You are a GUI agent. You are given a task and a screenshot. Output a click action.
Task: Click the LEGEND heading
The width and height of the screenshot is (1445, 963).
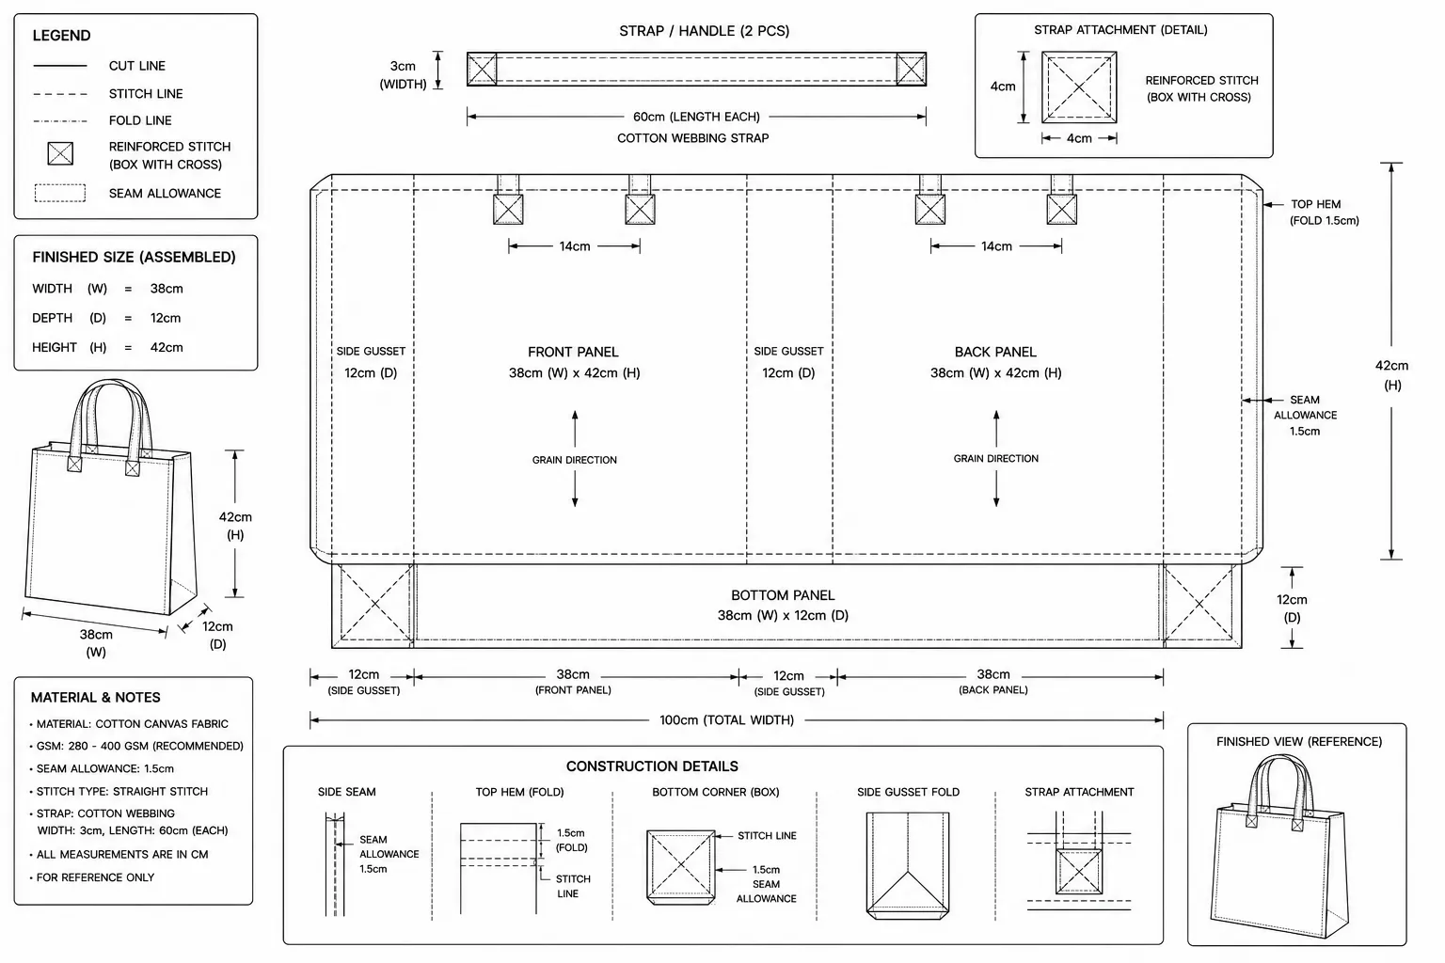click(x=61, y=36)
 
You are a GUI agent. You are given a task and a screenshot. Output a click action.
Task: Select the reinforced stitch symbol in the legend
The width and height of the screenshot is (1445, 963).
click(x=60, y=153)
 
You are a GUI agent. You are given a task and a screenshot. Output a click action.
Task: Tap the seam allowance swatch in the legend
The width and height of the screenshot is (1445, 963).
click(x=60, y=193)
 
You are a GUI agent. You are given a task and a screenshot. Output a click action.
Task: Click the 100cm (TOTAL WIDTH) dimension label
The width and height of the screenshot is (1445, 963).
click(x=726, y=719)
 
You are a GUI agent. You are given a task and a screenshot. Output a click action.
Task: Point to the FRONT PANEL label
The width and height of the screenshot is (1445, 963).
click(x=573, y=352)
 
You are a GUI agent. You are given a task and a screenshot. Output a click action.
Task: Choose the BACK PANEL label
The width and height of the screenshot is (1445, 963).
click(x=995, y=352)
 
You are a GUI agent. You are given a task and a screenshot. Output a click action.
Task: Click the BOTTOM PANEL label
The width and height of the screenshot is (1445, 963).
click(x=783, y=595)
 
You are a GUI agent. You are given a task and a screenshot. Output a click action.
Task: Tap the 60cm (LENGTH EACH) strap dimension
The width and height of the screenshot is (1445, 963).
click(x=696, y=117)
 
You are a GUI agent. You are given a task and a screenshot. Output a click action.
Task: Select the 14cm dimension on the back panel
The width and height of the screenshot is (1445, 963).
click(x=996, y=246)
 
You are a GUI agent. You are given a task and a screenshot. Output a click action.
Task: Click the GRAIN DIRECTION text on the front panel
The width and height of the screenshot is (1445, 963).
click(x=574, y=460)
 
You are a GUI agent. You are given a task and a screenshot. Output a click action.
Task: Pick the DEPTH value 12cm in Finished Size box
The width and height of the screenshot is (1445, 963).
click(x=166, y=318)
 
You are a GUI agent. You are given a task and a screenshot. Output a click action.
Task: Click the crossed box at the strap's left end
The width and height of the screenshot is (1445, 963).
click(x=482, y=69)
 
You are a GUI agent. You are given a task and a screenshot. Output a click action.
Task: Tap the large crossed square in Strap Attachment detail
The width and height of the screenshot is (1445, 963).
click(x=1079, y=87)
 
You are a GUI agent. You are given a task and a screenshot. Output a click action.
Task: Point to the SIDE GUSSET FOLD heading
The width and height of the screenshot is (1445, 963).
click(x=908, y=792)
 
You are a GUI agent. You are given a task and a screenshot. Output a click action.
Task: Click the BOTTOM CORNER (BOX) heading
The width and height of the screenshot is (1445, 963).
click(x=715, y=792)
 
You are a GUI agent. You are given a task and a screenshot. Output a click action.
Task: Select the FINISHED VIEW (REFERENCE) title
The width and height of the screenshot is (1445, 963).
click(x=1299, y=742)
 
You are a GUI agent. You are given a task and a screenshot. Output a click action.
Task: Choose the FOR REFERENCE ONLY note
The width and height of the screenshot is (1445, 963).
click(x=95, y=877)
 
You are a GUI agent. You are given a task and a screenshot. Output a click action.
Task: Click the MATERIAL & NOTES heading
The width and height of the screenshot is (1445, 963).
click(x=95, y=697)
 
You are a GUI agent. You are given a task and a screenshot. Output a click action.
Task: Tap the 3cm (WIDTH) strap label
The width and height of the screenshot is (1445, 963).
click(x=404, y=75)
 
